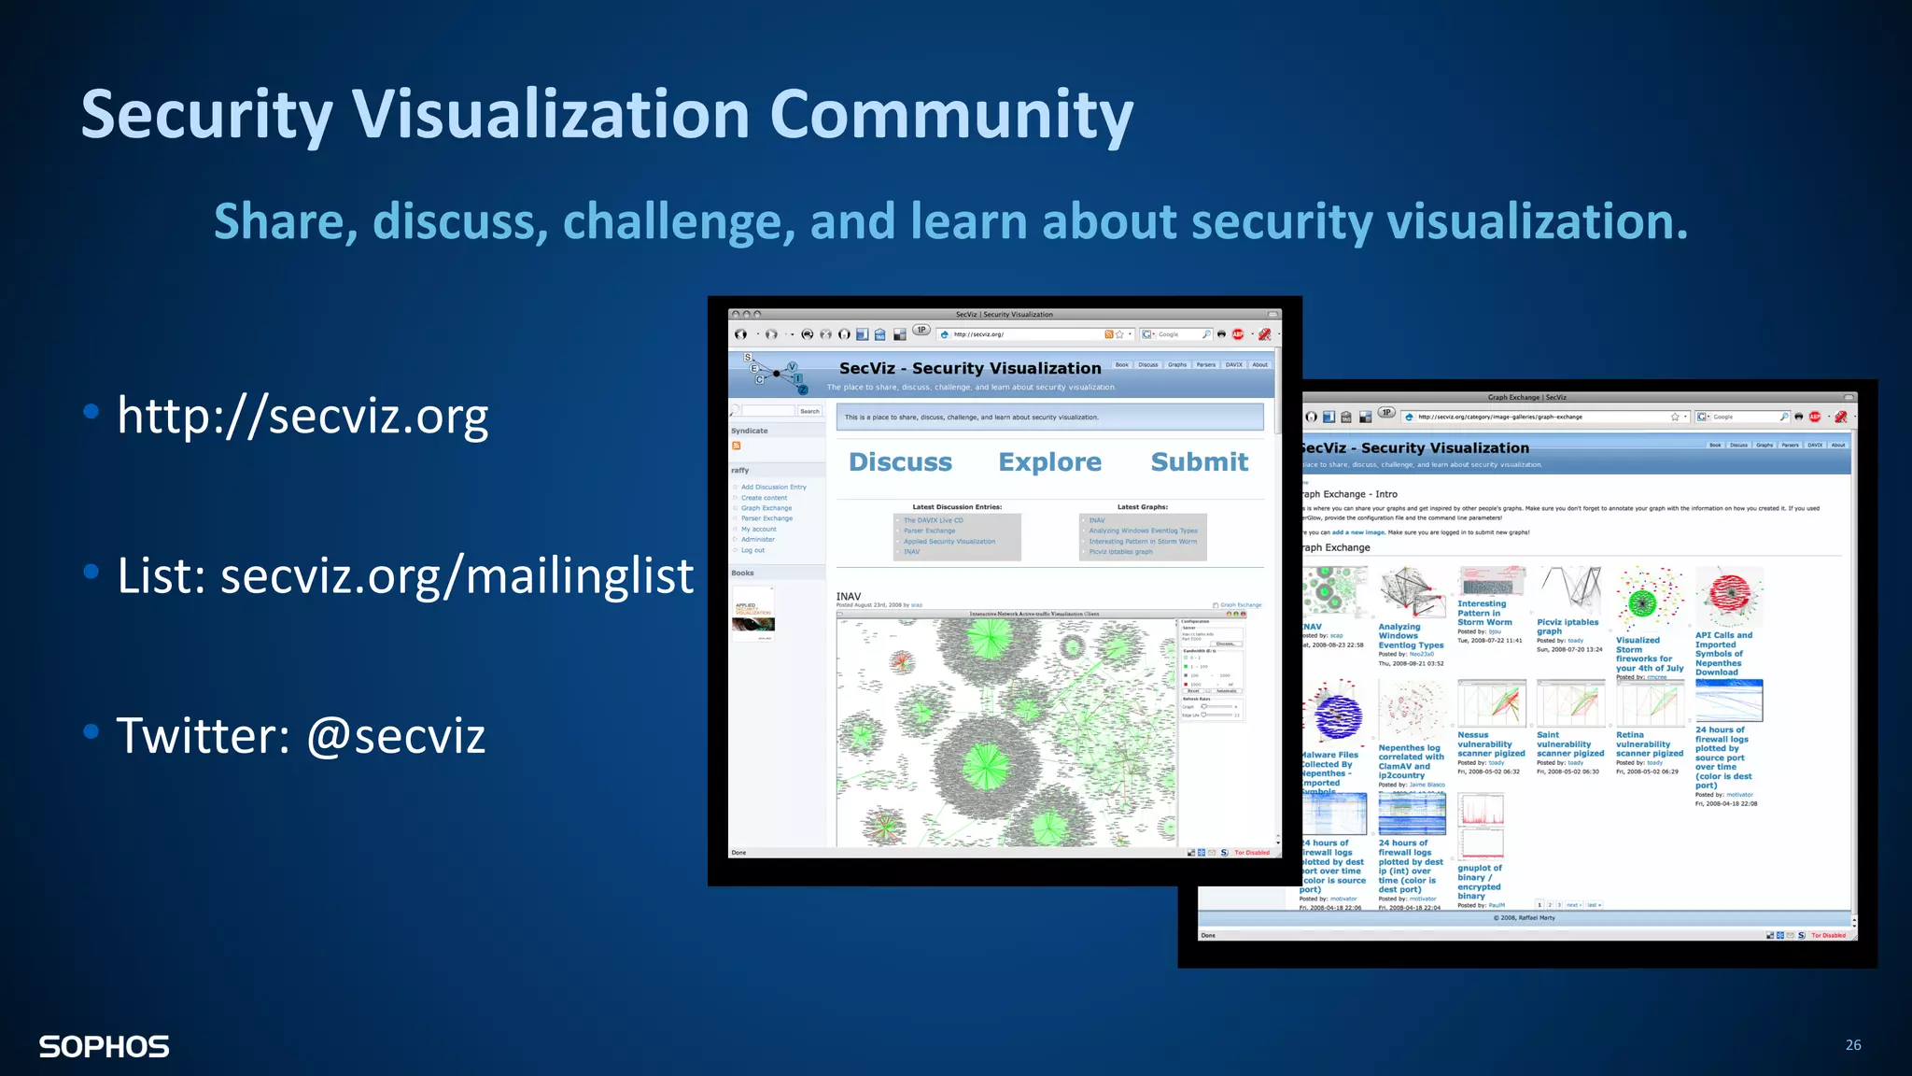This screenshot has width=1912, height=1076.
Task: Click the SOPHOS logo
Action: tap(104, 1046)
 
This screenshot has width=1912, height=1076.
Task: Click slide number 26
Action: tap(1852, 1044)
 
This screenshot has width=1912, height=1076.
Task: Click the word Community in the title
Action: tap(950, 115)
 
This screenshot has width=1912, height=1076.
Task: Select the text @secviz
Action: tap(396, 735)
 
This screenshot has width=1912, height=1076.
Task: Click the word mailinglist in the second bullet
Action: tap(579, 575)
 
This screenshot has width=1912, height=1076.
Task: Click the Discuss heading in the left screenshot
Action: tap(900, 461)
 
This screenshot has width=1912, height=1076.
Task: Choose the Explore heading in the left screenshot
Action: tap(1049, 461)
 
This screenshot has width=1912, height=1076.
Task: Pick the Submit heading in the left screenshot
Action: tap(1199, 461)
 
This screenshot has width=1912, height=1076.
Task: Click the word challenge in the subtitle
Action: tap(679, 222)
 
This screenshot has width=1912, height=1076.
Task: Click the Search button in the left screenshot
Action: tap(809, 411)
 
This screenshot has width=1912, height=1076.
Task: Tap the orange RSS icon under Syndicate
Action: tap(737, 446)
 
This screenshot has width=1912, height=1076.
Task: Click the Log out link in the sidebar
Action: tap(752, 550)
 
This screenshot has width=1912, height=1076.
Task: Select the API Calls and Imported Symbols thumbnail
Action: tap(1729, 598)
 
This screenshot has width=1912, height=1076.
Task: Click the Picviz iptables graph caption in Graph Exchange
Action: tap(1568, 627)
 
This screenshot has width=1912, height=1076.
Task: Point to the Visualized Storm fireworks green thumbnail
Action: tap(1649, 600)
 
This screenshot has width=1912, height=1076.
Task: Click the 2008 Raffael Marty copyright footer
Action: tap(1524, 917)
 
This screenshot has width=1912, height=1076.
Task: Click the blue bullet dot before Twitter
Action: tap(91, 731)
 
